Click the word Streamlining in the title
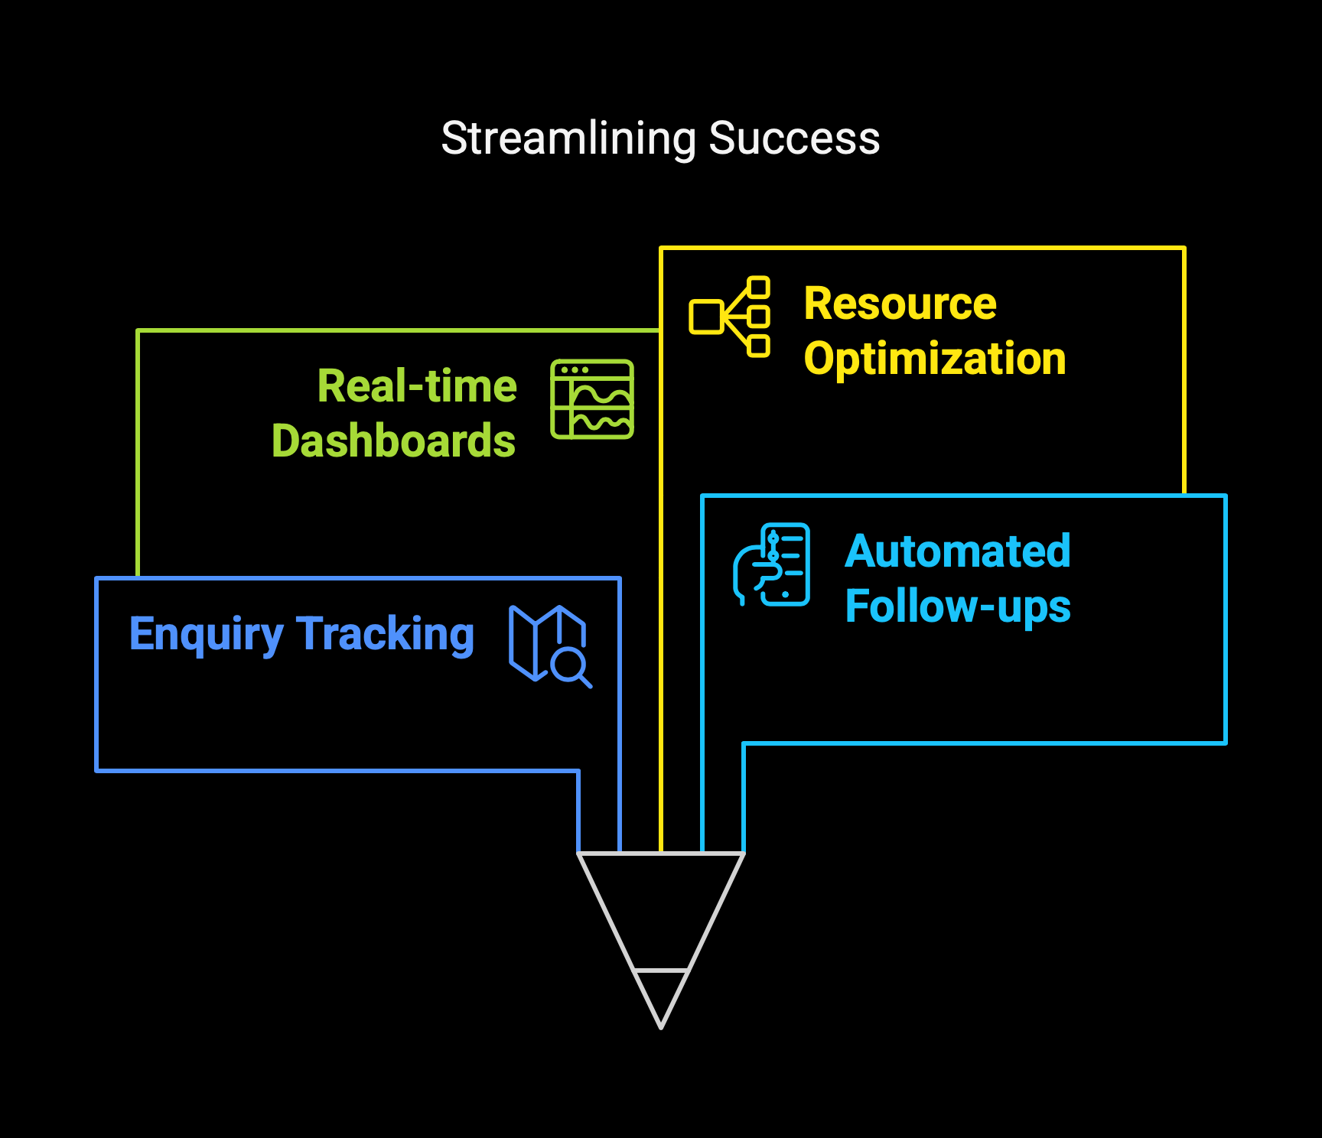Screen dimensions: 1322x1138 coord(568,139)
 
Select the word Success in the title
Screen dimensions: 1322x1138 coord(794,138)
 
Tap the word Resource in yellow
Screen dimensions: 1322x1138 coord(900,304)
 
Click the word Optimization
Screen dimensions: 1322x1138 coord(935,359)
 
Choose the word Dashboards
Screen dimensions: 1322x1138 coord(393,441)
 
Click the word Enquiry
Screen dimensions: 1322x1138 coord(207,635)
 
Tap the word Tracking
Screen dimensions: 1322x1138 coord(386,635)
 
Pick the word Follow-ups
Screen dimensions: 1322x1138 coord(958,606)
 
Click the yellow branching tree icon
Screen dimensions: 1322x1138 coord(729,317)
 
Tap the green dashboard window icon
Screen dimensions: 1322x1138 coord(592,399)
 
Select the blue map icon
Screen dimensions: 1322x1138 coord(550,646)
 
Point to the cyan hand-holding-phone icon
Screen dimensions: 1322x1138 coord(771,564)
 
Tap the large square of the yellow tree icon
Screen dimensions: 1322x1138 coord(706,317)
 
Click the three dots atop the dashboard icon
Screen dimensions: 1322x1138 coord(575,370)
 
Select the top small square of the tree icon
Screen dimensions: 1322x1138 coord(758,288)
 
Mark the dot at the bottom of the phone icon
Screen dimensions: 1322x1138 coord(785,594)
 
